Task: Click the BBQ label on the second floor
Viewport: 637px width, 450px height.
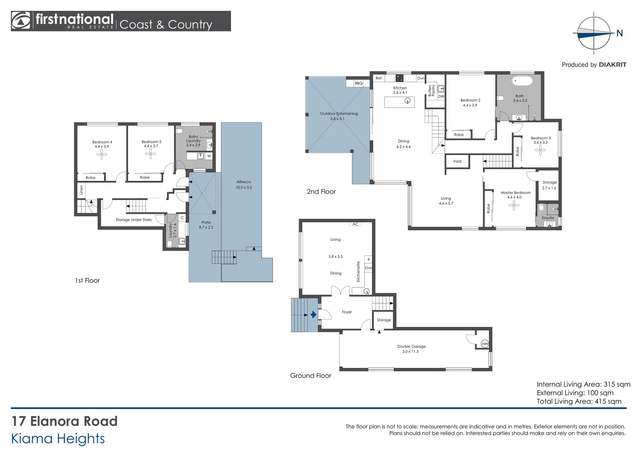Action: [x=359, y=83]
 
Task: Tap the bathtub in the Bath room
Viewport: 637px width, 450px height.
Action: [x=522, y=81]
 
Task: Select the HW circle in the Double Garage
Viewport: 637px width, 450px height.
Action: [x=485, y=344]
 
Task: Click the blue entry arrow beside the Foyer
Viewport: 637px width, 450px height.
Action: [x=313, y=315]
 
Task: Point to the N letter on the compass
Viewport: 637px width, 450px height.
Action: [x=619, y=33]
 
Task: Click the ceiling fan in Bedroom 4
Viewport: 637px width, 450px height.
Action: [x=102, y=155]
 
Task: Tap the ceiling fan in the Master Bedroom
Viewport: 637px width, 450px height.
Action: [x=514, y=205]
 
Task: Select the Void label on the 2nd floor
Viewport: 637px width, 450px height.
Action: [x=457, y=161]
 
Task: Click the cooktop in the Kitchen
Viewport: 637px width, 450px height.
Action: [x=399, y=78]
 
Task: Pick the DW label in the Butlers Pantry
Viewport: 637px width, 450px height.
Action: [x=441, y=96]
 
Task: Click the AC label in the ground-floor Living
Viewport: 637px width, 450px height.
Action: [x=356, y=224]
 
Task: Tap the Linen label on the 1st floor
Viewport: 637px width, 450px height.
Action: [x=81, y=190]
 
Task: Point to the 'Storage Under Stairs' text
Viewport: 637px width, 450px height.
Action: [x=134, y=220]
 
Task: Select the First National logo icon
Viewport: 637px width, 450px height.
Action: [x=21, y=21]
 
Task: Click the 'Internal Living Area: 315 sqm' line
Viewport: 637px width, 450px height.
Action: [x=584, y=384]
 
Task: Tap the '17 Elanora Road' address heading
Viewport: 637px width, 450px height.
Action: [x=65, y=421]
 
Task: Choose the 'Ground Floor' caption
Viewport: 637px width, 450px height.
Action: [x=311, y=375]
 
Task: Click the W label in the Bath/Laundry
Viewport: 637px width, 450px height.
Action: [x=209, y=156]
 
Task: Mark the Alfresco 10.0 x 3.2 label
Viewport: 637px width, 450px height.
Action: [x=244, y=185]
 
